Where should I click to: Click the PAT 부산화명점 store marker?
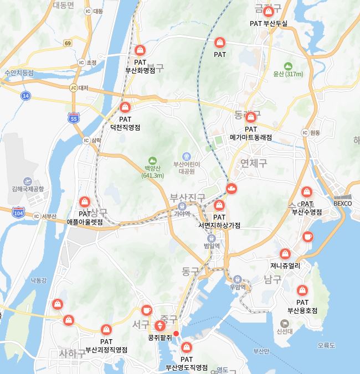140,50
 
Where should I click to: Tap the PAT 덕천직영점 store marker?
126,107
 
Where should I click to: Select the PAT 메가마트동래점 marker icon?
250,117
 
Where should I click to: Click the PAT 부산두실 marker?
269,12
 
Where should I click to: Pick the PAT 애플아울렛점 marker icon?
85,202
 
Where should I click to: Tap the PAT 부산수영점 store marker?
306,192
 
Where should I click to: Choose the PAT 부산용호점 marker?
302,290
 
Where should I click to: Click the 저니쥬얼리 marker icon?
285,253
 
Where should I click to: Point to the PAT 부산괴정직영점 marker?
106,328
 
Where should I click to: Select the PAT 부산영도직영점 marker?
187,347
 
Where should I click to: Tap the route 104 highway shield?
18,212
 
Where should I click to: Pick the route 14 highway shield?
26,96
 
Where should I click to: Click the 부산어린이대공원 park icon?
186,155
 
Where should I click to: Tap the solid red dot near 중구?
176,334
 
